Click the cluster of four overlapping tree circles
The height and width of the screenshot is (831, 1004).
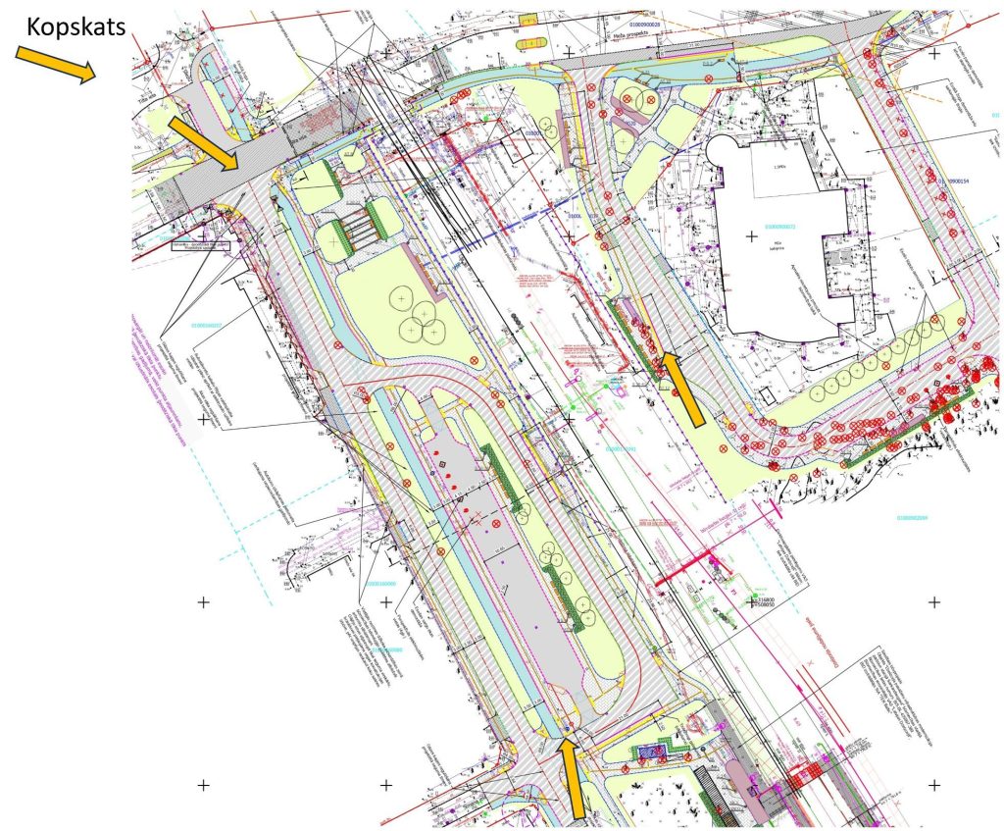click(x=417, y=309)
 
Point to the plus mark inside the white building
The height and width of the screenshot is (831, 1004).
click(x=752, y=236)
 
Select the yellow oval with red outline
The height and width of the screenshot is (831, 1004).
click(x=534, y=43)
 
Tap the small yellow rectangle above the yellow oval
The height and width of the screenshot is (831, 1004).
click(x=528, y=19)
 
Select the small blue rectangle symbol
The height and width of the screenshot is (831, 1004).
click(x=649, y=751)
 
